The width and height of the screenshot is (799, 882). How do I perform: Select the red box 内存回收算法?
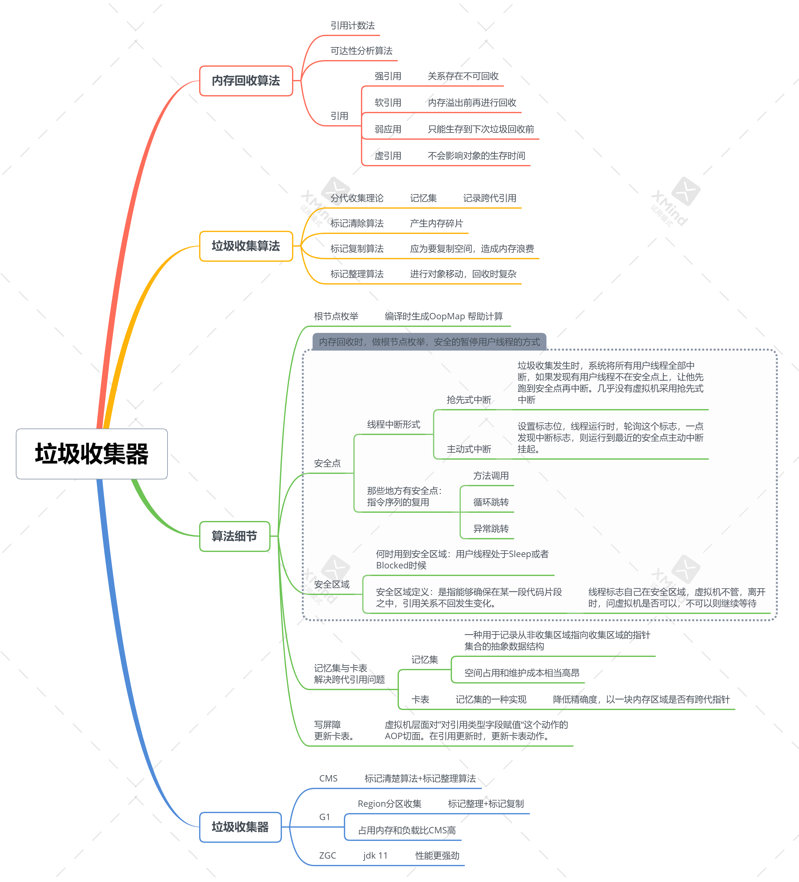pos(246,81)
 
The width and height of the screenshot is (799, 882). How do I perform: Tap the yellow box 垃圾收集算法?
pos(246,246)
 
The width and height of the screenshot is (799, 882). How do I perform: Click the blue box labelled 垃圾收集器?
pos(240,827)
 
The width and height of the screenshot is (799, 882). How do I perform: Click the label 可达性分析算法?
pos(361,51)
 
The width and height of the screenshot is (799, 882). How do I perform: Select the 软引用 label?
pos(388,103)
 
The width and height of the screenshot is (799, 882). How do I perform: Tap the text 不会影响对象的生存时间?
pos(476,156)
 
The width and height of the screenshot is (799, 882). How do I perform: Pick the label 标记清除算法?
pos(357,224)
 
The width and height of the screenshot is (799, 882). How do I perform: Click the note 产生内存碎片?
pos(436,224)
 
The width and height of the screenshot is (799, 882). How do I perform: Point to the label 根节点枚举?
pos(336,316)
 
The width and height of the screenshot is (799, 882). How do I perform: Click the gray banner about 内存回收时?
pos(429,342)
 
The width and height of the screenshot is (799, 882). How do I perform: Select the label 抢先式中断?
pos(469,400)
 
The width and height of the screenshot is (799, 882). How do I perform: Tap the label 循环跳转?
pos(491,502)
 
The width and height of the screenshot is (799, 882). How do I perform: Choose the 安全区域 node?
pos(332,585)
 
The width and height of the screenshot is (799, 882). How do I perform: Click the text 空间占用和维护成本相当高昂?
pos(522,673)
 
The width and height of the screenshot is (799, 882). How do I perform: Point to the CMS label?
pos(328,778)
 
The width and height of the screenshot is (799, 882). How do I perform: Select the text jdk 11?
pos(375,856)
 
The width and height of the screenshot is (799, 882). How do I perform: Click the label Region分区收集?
pos(389,804)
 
